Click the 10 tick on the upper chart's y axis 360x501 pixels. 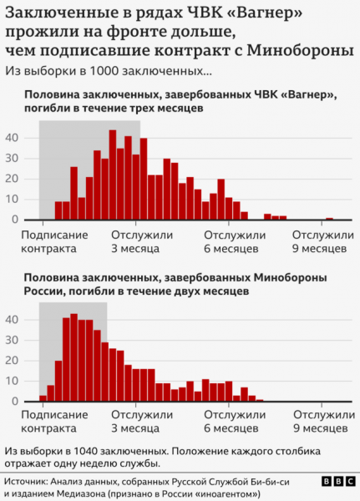(x=13, y=199)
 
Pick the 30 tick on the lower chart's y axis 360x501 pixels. (x=13, y=340)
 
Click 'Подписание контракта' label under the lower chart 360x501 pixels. (x=50, y=423)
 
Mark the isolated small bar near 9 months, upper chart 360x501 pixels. (x=329, y=219)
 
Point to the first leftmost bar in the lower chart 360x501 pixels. (x=43, y=398)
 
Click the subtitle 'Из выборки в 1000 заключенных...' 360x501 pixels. (x=109, y=71)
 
